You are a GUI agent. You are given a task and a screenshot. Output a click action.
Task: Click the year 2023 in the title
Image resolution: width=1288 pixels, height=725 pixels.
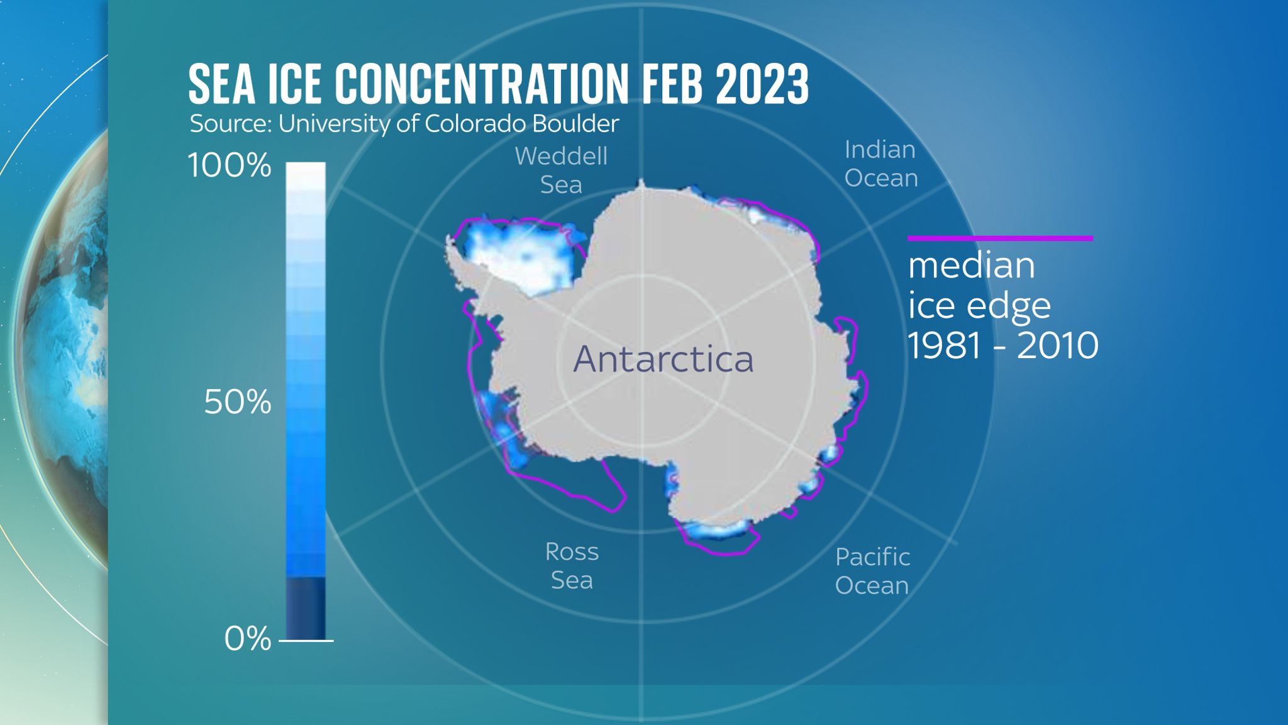[762, 84]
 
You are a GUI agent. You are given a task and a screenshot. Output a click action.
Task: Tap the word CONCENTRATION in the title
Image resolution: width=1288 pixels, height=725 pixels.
[481, 84]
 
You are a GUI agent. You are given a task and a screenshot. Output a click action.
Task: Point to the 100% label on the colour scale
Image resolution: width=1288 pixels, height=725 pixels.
[230, 166]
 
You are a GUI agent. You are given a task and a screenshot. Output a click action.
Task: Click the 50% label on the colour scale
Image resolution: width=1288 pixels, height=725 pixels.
[237, 402]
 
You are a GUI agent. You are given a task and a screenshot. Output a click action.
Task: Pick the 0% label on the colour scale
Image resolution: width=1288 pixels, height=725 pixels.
[247, 639]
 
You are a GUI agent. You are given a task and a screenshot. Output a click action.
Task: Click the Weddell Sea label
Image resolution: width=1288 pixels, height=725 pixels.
[561, 170]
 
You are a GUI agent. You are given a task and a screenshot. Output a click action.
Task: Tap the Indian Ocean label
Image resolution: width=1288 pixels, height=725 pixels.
[880, 164]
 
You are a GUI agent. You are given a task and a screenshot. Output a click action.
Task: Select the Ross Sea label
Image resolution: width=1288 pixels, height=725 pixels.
[572, 566]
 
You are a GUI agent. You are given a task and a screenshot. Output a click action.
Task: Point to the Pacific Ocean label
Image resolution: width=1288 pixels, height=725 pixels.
[872, 571]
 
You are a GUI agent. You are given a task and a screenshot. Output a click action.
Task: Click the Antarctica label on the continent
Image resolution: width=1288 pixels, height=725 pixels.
[663, 359]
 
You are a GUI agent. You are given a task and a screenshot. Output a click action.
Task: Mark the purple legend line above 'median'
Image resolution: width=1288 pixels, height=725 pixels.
[1000, 239]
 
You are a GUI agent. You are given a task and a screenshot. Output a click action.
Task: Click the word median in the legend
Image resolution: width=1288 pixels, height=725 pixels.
[971, 266]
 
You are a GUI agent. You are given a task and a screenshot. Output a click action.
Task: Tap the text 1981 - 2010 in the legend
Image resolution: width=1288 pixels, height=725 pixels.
[1002, 346]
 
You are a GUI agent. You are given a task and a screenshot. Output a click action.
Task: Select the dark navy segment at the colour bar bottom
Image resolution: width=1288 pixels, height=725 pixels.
[306, 608]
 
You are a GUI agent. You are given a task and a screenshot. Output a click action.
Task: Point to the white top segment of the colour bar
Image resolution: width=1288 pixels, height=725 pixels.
[306, 176]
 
